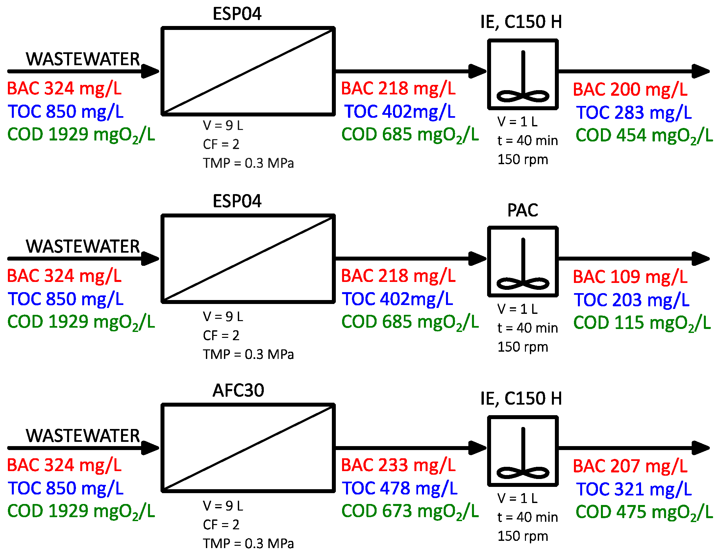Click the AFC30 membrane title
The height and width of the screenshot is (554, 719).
click(238, 390)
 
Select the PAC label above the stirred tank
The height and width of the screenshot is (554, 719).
click(522, 210)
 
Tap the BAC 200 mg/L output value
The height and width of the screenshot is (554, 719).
click(630, 89)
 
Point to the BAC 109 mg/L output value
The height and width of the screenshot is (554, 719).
click(630, 277)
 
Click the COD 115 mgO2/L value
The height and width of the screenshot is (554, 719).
click(642, 323)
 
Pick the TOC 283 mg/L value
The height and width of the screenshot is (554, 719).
click(634, 112)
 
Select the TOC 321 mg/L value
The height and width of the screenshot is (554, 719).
click(634, 489)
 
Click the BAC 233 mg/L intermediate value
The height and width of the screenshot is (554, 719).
click(398, 465)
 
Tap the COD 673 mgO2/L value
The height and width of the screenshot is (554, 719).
click(410, 511)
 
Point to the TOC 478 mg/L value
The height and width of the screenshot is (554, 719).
click(399, 488)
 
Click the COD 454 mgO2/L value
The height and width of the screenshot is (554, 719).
click(644, 135)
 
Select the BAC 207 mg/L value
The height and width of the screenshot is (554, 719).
click(630, 466)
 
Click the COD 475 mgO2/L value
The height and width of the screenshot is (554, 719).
click(644, 512)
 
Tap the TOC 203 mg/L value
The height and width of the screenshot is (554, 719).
click(632, 300)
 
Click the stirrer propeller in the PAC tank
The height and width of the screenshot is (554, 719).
click(523, 283)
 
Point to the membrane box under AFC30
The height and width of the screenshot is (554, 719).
click(248, 448)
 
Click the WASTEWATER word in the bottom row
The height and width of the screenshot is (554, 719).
click(83, 436)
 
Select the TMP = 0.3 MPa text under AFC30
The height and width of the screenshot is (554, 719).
click(248, 543)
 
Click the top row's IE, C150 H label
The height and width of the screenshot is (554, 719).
click(521, 22)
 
